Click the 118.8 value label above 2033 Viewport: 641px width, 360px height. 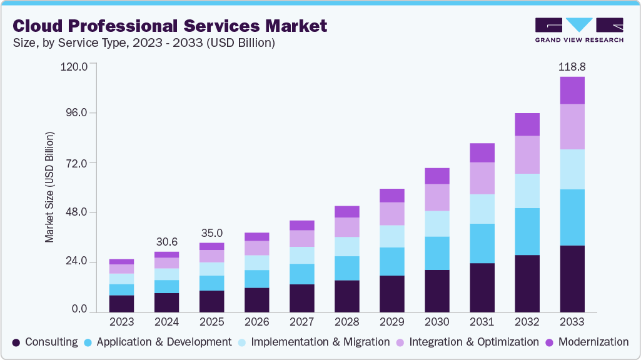572,66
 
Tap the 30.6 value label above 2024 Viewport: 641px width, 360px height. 167,242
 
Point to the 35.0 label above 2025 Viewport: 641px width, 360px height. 212,233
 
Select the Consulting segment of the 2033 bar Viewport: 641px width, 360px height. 572,279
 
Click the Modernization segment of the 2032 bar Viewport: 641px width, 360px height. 527,124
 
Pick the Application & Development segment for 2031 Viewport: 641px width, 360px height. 482,244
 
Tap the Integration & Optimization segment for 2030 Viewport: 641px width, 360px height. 437,197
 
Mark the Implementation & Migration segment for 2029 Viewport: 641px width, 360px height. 391,236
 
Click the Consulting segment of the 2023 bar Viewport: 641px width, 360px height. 122,304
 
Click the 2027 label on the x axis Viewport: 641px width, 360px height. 302,322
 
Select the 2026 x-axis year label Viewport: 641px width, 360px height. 257,322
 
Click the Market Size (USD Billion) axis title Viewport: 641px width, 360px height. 49,187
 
